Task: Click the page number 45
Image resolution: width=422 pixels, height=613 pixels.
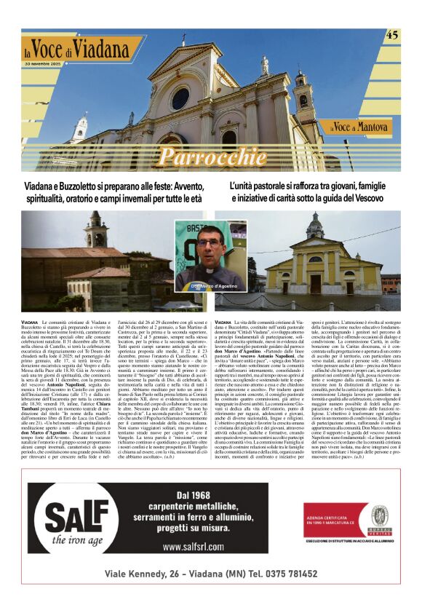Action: (x=392, y=35)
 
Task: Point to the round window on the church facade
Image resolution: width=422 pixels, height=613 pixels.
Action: (x=179, y=97)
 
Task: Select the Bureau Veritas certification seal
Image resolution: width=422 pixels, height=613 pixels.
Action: (x=378, y=516)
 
